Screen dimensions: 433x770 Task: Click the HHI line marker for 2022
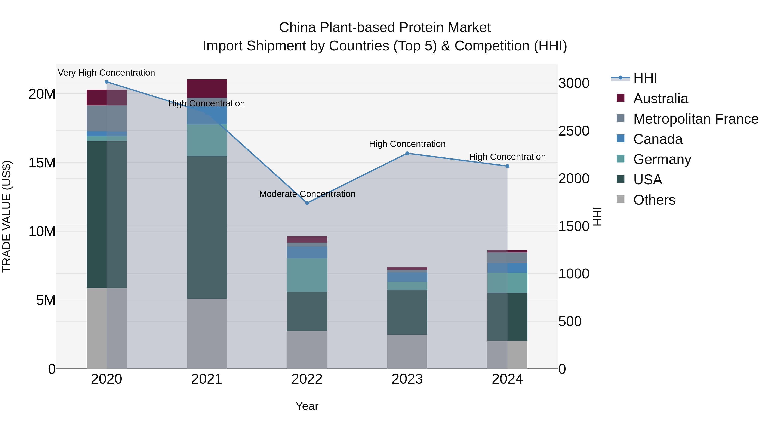coord(307,203)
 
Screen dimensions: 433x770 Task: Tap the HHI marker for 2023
coord(407,153)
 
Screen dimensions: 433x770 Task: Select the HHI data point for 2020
coord(107,82)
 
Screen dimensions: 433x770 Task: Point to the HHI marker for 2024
coord(507,166)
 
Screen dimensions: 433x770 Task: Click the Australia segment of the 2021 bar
coord(207,89)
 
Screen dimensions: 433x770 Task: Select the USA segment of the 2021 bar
coord(207,227)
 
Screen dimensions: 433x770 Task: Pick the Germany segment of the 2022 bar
coord(307,275)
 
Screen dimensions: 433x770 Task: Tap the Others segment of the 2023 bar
coord(407,352)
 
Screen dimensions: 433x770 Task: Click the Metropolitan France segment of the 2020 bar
coord(107,118)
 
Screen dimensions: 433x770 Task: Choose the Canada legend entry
coord(658,139)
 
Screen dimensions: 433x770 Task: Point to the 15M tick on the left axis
coord(42,163)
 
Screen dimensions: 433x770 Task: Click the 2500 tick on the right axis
coord(574,131)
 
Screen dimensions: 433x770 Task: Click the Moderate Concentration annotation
coord(307,194)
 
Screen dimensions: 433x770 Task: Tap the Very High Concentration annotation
coord(107,73)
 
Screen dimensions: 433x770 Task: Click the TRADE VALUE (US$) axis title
coord(7,216)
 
